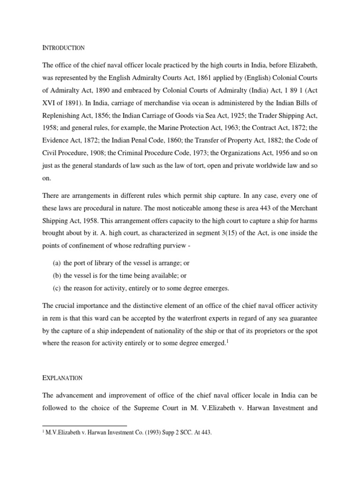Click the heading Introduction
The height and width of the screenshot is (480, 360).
pos(63,48)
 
